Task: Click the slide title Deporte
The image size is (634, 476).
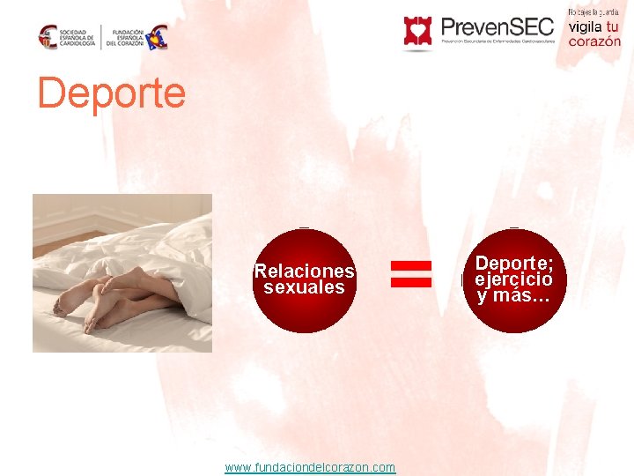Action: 112,93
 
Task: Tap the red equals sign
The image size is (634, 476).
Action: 411,273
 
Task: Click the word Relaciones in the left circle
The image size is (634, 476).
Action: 304,271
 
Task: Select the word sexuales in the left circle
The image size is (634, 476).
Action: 304,287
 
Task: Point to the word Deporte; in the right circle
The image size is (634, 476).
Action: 514,263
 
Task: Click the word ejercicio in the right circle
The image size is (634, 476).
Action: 514,279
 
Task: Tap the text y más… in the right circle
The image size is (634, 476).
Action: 514,295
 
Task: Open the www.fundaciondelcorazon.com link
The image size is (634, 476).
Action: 310,467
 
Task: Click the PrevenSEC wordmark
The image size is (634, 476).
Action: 497,26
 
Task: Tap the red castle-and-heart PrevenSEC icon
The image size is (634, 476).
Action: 418,32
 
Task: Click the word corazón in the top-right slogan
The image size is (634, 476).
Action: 594,41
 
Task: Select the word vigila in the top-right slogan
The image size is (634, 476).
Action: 583,26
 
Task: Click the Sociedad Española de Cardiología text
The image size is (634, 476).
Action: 78,36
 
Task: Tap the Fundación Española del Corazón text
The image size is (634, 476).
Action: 128,36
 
